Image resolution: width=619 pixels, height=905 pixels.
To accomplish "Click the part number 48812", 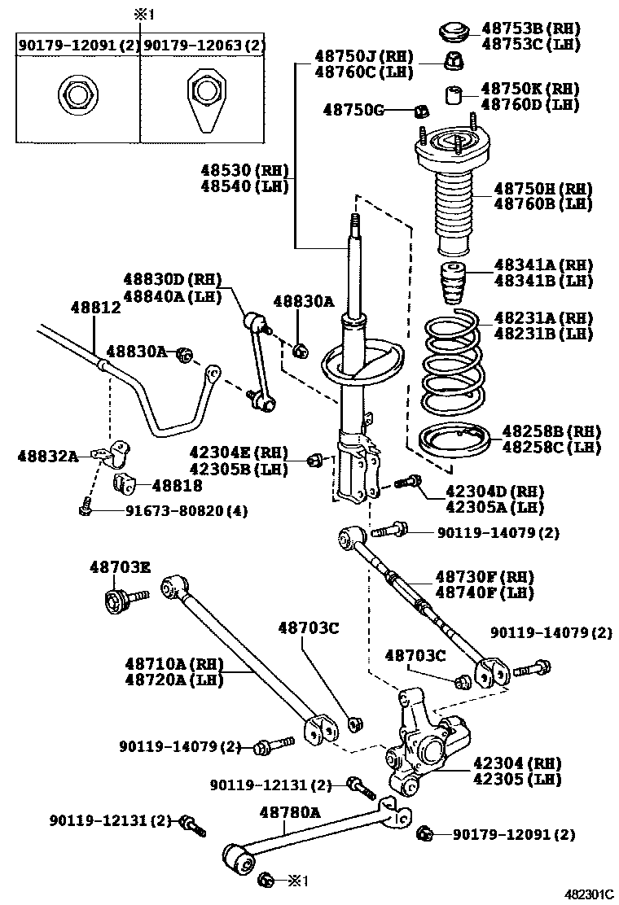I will (95, 308).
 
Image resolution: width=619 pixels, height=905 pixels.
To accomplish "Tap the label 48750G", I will (353, 109).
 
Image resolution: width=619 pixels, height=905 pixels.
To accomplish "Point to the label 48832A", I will (47, 457).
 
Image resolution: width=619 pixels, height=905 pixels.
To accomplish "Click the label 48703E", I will (120, 566).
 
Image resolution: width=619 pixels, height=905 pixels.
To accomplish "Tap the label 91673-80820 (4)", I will (187, 511).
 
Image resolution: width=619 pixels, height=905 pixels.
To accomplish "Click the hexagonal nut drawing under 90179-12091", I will (76, 95).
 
